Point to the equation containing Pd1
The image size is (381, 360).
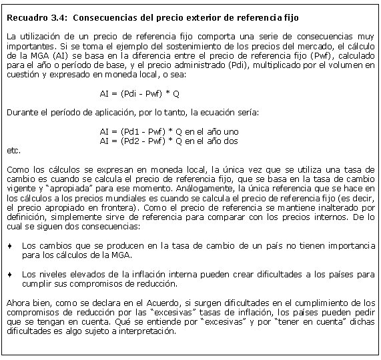[x=168, y=132]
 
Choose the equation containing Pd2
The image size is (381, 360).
[x=168, y=141]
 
